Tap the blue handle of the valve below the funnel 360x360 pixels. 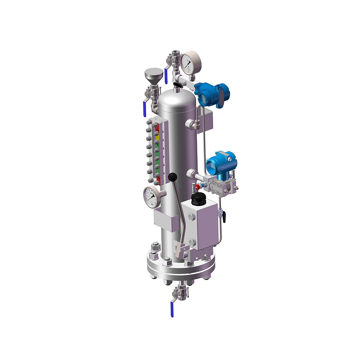144,108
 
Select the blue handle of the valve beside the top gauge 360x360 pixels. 166,76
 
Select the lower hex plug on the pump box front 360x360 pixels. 193,242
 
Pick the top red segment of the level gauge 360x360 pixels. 157,127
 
